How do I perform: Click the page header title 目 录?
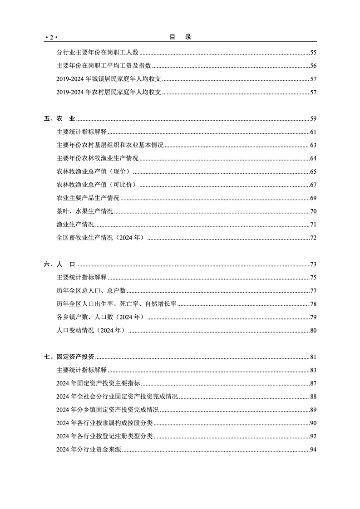(180, 37)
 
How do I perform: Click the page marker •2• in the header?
(53, 37)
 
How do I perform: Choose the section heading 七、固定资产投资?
(69, 357)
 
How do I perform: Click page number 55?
(313, 53)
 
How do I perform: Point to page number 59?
(313, 119)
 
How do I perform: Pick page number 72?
(313, 238)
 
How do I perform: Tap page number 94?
(313, 450)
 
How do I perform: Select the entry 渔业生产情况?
(75, 225)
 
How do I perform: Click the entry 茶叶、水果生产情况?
(85, 211)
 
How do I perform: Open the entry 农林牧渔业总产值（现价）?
(94, 171)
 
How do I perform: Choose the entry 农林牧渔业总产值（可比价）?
(97, 185)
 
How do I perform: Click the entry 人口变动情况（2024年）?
(91, 331)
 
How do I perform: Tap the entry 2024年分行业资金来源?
(89, 450)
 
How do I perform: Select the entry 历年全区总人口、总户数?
(91, 291)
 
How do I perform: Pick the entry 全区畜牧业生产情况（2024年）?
(100, 238)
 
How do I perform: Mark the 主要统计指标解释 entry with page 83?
(81, 370)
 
